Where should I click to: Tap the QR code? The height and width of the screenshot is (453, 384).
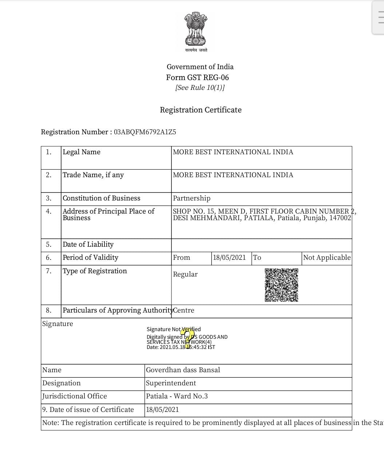(281, 285)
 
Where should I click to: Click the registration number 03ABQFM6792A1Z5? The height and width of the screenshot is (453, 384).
(145, 132)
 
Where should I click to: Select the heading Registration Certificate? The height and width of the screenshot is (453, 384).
(201, 110)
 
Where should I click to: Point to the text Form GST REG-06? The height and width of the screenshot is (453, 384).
(197, 78)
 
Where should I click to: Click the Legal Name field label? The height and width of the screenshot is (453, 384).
(82, 152)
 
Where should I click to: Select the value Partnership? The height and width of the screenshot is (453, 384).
(191, 198)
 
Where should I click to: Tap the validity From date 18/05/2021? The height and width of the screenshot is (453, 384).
(229, 258)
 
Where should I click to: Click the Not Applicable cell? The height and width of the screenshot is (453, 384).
(326, 258)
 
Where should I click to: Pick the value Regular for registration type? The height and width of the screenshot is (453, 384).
(185, 274)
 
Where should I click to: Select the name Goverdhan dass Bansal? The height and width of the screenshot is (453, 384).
(183, 370)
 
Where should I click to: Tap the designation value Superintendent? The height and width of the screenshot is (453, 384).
(171, 383)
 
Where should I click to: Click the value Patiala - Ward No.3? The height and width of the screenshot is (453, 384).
(177, 396)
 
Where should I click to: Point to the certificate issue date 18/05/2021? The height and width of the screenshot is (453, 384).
(162, 410)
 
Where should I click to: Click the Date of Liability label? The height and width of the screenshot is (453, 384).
(88, 245)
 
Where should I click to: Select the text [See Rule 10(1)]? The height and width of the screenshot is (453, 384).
(200, 88)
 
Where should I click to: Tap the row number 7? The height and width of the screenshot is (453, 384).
(48, 271)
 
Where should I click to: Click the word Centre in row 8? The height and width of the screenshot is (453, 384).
(184, 310)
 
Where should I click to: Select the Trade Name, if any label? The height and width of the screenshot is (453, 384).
(93, 175)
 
